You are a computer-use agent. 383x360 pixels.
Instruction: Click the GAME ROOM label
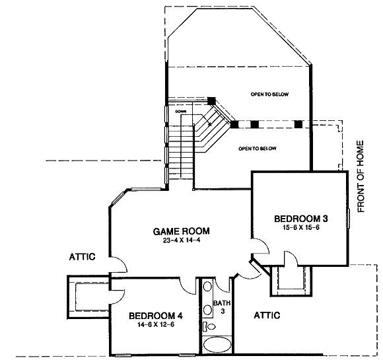point(181,231)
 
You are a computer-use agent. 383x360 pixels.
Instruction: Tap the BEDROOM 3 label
point(301,219)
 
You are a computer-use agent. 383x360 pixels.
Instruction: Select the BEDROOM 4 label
point(156,316)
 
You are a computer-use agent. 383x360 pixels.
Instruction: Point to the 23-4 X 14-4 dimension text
point(182,240)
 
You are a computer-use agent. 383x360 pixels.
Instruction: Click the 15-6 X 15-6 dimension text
point(301,227)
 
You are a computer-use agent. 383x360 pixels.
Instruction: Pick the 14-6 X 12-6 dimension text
point(156,325)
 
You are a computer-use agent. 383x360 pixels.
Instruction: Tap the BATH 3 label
point(222,307)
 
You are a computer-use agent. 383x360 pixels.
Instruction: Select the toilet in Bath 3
point(209,326)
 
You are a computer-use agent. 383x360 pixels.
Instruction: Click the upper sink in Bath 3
point(207,286)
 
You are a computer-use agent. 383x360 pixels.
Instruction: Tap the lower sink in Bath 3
point(207,310)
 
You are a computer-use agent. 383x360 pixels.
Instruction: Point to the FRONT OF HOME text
point(361,176)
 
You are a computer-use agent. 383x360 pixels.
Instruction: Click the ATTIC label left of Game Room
point(82,257)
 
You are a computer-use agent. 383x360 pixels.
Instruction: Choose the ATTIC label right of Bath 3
point(267,315)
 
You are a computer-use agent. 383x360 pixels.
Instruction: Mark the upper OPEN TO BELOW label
point(269,94)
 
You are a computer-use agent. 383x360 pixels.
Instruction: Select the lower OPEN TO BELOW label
point(258,149)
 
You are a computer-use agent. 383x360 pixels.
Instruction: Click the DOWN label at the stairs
point(181,112)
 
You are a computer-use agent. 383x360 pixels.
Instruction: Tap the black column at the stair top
point(211,101)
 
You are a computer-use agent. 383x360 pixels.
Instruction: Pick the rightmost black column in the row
point(298,124)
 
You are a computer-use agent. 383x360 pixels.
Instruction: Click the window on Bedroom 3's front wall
point(349,218)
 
